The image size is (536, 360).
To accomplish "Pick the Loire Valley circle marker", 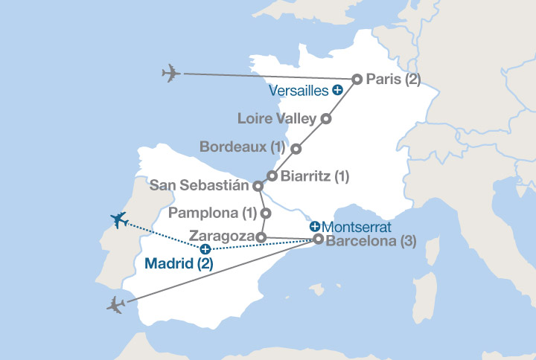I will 325,118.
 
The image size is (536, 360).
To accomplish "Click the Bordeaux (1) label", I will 243,148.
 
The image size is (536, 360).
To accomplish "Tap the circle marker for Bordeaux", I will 296,149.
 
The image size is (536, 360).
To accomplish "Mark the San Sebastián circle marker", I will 258,185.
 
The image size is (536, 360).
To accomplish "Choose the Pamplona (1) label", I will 213,213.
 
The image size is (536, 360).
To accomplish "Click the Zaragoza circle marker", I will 261,237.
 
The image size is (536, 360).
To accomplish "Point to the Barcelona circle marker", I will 319,240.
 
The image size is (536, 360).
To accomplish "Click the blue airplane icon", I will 118,219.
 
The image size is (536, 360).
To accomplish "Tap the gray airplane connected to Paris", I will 170,74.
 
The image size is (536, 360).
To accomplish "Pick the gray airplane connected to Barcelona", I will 116,304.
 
